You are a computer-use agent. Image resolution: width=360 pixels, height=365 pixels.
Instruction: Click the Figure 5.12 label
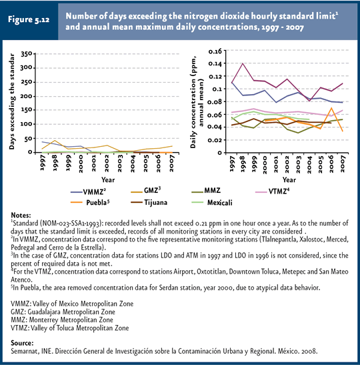tap(29, 19)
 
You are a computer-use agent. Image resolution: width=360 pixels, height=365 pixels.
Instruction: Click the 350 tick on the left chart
tap(27, 54)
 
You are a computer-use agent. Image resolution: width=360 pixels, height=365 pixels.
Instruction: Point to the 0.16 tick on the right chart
tap(215, 51)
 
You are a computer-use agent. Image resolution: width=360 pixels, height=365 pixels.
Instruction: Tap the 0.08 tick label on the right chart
tap(215, 101)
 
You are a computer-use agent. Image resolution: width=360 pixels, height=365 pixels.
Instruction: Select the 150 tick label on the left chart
tap(26, 110)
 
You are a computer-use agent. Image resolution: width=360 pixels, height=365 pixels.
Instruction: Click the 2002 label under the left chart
tap(107, 163)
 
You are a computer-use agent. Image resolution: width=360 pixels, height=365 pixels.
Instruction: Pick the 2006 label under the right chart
tap(331, 164)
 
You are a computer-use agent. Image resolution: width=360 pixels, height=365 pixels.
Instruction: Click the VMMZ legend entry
tap(89, 192)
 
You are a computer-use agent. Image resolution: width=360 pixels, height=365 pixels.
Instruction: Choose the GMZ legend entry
tap(146, 191)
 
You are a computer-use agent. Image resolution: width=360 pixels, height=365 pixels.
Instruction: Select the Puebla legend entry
tap(90, 202)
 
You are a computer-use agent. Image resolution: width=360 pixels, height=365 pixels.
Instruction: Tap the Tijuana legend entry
tap(149, 202)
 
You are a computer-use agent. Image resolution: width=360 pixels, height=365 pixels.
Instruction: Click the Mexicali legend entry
tap(211, 203)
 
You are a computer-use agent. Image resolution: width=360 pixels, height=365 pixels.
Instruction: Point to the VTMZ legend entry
tap(272, 192)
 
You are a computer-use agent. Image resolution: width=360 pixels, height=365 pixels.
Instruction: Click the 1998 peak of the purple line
tap(243, 63)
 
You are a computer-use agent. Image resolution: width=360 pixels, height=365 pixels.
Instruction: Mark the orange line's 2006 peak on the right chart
tap(331, 108)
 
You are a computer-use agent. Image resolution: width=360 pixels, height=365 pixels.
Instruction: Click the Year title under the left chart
tap(108, 179)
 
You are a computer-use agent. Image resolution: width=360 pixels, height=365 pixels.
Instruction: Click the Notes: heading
tap(21, 215)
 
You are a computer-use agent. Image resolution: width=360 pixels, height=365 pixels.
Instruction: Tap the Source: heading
tap(22, 343)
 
